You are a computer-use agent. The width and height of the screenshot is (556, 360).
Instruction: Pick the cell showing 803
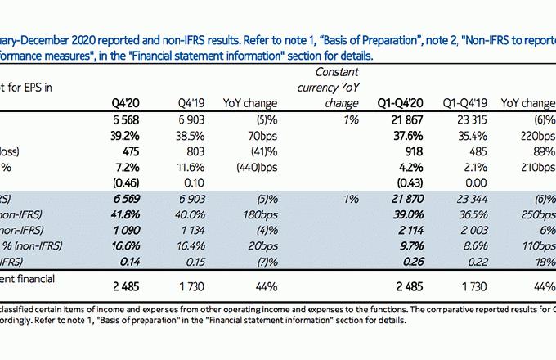(191, 151)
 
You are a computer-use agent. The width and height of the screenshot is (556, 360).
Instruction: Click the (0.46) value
(126, 182)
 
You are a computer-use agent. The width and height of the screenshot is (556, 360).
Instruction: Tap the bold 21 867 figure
(402, 120)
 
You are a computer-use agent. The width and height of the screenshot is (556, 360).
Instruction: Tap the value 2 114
(404, 230)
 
